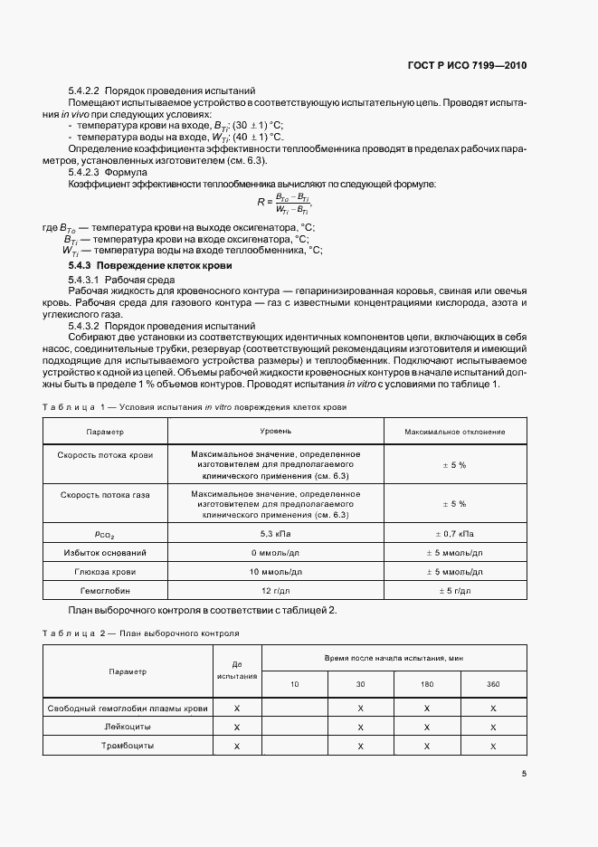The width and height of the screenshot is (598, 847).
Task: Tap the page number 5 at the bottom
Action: click(x=524, y=774)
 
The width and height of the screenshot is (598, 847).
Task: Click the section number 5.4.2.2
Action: click(x=87, y=90)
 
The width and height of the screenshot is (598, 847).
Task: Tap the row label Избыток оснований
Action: click(x=104, y=552)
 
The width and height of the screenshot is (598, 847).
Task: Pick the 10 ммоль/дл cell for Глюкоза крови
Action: click(x=276, y=570)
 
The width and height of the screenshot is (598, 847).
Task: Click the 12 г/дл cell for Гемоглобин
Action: click(x=276, y=589)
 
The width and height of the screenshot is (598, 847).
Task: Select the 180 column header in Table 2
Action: click(x=427, y=683)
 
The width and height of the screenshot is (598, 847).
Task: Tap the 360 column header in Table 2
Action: click(x=493, y=683)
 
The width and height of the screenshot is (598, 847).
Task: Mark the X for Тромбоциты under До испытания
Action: click(x=236, y=746)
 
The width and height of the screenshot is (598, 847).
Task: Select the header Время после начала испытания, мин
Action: click(x=394, y=658)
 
